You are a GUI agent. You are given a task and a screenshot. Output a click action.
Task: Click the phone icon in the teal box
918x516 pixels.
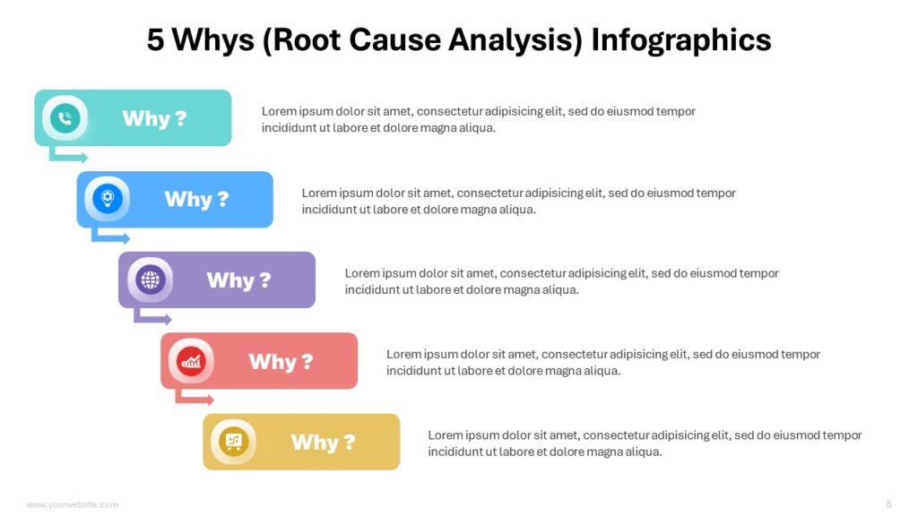(65, 118)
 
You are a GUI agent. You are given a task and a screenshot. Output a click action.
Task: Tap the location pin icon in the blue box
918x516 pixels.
(108, 199)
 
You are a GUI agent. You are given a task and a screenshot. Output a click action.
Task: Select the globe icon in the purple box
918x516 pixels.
(150, 280)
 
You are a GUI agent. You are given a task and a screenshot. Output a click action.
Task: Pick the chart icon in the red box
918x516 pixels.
(191, 361)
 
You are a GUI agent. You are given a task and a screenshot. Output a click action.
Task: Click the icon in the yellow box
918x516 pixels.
(233, 442)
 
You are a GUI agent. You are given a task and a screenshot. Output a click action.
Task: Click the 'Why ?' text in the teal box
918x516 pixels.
(154, 118)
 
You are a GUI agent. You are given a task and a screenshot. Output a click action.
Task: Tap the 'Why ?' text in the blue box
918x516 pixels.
(196, 199)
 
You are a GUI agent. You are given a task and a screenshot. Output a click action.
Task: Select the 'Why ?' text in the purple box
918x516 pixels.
(238, 280)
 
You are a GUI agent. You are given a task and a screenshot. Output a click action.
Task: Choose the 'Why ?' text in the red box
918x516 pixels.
(281, 362)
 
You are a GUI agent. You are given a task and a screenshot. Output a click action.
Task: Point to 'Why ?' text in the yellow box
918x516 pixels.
(323, 443)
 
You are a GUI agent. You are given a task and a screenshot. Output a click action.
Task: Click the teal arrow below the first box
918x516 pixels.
(68, 157)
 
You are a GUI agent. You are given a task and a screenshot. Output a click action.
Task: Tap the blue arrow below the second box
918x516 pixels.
(110, 237)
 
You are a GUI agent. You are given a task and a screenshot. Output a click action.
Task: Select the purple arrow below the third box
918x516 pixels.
(152, 318)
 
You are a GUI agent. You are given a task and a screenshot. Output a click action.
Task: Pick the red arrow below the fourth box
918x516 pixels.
(195, 399)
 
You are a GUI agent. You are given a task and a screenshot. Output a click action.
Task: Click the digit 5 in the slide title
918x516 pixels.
(156, 40)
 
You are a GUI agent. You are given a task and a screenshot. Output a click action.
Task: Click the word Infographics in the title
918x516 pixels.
(681, 40)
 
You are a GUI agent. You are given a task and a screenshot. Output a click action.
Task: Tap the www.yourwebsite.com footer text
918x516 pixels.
(72, 504)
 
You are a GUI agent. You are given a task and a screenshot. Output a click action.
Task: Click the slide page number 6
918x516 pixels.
(888, 503)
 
